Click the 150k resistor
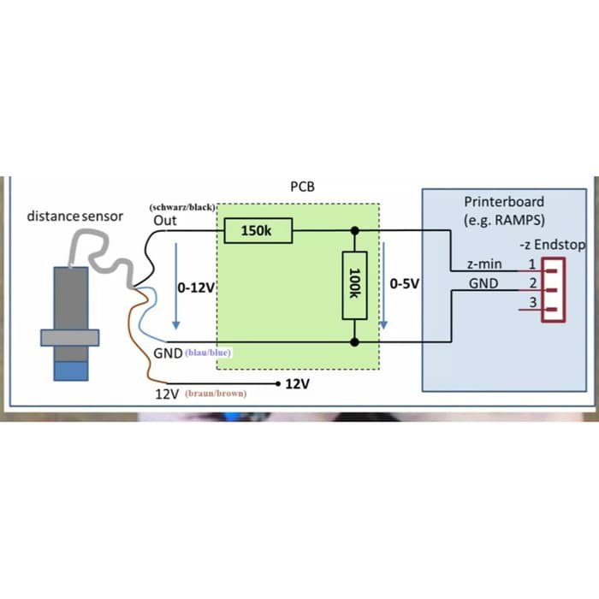coord(258,230)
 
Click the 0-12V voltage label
coord(195,288)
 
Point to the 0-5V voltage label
coord(404,283)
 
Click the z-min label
coord(484,264)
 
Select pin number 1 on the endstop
coord(531,264)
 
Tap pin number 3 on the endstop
coord(531,302)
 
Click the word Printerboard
coord(504,202)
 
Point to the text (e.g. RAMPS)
coord(504,219)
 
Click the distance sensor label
coord(74,216)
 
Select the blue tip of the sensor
coord(71,370)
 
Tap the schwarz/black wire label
coord(181,208)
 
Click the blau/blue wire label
coord(209,353)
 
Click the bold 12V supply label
coord(297,384)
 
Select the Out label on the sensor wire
coord(164,222)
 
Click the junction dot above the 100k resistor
coord(354,230)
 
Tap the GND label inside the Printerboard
coord(483,283)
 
